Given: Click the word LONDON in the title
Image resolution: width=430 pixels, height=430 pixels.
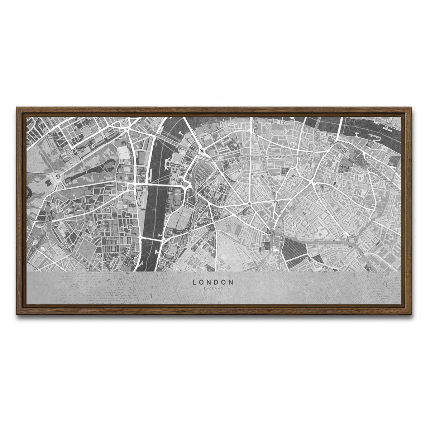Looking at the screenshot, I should click(x=213, y=282).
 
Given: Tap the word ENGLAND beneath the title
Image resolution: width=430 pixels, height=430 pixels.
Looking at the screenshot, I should click(x=213, y=288).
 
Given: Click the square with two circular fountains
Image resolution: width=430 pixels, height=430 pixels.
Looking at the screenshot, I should click(x=125, y=124).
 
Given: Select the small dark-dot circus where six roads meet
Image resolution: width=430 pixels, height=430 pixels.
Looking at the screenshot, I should click(x=249, y=204).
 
